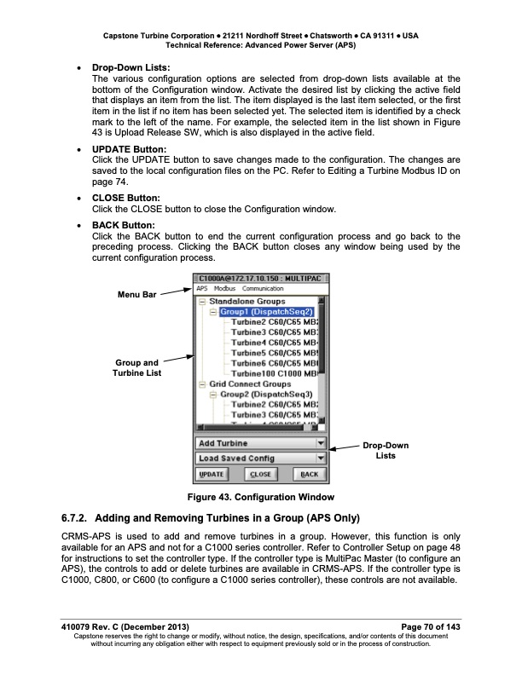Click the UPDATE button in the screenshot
point(211,475)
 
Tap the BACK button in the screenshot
point(309,475)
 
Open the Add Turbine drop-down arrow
point(321,443)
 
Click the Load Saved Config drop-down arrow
point(321,459)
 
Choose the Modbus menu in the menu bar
point(225,289)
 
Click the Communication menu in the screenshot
point(263,289)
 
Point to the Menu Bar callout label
point(136,295)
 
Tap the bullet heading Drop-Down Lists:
point(130,66)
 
